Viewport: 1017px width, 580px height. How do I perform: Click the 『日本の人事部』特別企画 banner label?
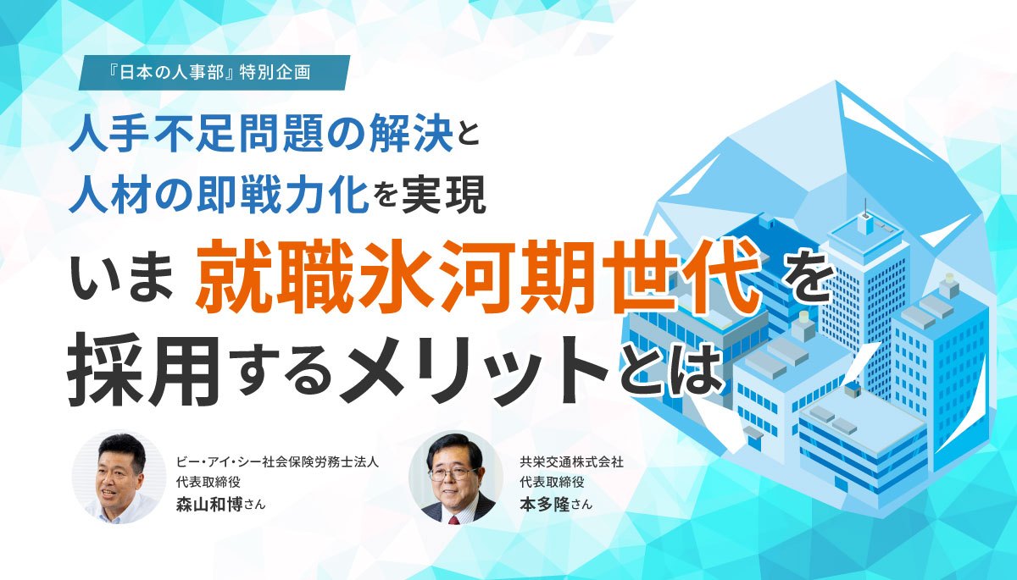coord(214,73)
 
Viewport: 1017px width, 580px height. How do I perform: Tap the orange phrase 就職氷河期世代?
coord(478,277)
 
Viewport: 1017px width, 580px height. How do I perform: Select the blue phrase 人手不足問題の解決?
coord(261,133)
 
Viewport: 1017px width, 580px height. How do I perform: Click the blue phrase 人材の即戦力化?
coord(219,195)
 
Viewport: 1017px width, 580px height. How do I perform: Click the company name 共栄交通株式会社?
coord(571,462)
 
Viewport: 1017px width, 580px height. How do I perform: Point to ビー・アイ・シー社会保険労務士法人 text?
coord(277,462)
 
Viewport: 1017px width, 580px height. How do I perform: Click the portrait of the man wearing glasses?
coord(456,478)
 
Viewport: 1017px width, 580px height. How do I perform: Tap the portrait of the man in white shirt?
coord(119,478)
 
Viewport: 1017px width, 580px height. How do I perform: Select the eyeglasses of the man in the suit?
coord(451,474)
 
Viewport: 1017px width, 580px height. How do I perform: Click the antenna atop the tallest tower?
coord(865,208)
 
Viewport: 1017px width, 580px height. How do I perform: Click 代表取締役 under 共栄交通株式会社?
coord(552,482)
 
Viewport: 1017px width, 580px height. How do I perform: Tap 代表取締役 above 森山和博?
coord(208,482)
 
